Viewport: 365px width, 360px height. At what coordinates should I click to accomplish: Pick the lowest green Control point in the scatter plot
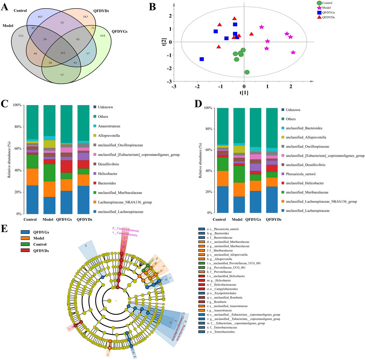pos(247,72)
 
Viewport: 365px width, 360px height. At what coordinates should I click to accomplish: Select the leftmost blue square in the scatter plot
pos(202,59)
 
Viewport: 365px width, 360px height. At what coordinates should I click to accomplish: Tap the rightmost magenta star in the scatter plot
pos(293,52)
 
